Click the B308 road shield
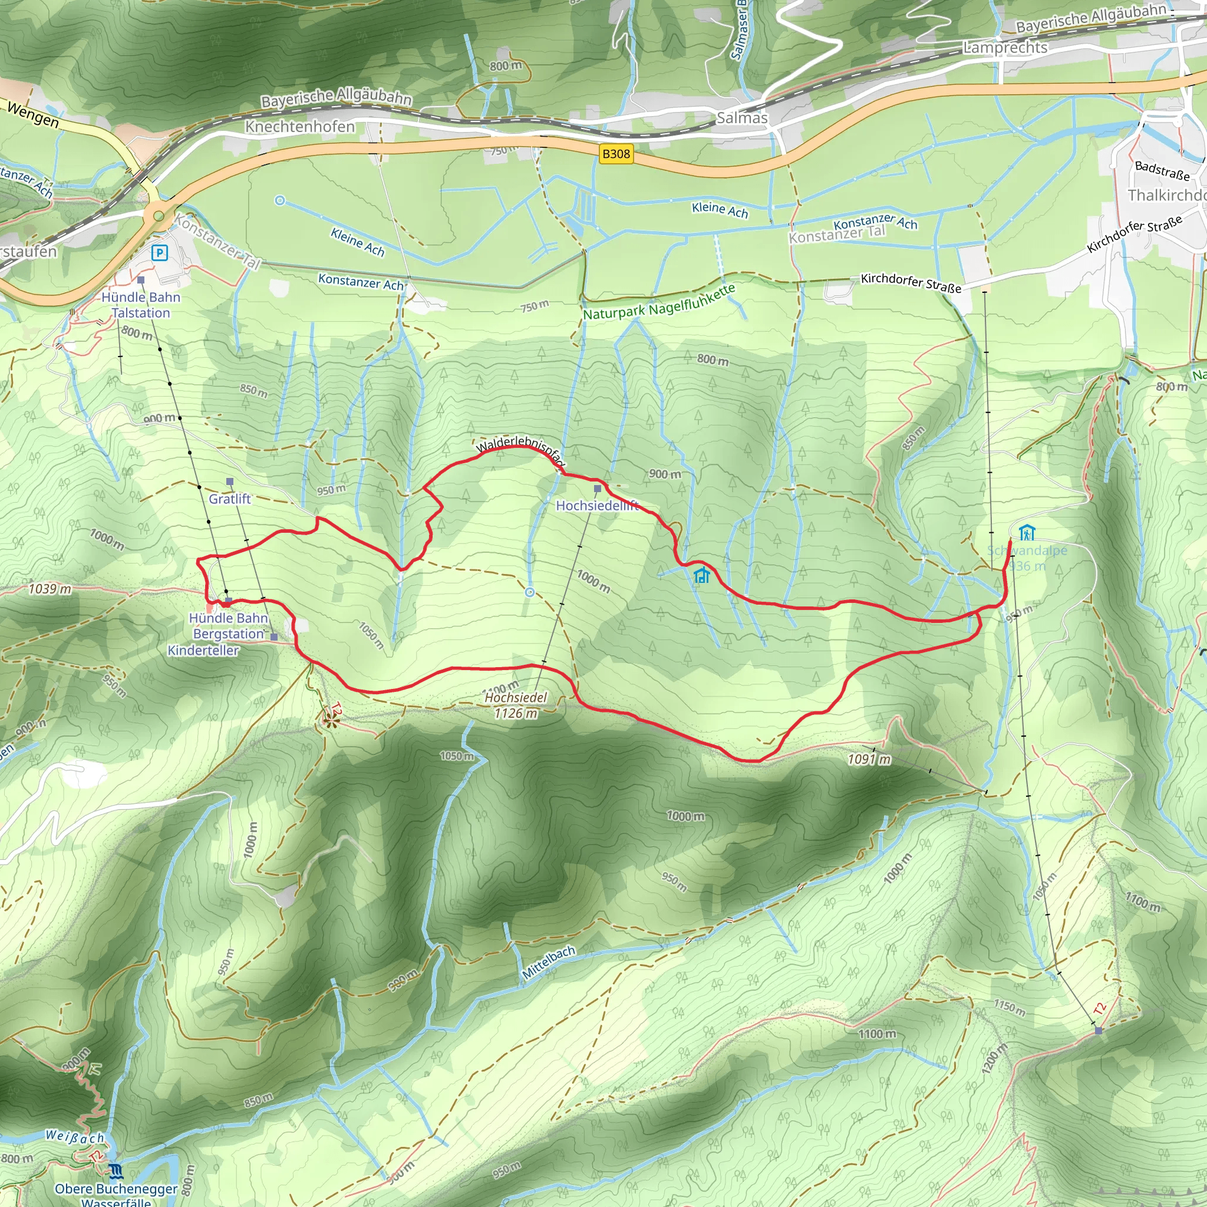[x=615, y=154]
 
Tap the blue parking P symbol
[x=160, y=252]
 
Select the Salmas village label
[x=741, y=117]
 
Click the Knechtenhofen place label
[x=300, y=126]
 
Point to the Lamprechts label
[x=1005, y=48]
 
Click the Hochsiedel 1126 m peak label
[x=516, y=705]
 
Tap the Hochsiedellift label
[x=597, y=506]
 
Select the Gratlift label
[x=229, y=499]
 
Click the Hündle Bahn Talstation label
[x=141, y=305]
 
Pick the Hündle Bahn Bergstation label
[x=228, y=625]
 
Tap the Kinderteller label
[x=203, y=651]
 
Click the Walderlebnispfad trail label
[x=521, y=451]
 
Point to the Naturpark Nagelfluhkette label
[x=659, y=303]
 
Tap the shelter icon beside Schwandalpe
[x=1027, y=532]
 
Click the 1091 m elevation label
[x=869, y=759]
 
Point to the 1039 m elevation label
[x=50, y=589]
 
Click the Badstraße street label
[x=1162, y=170]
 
